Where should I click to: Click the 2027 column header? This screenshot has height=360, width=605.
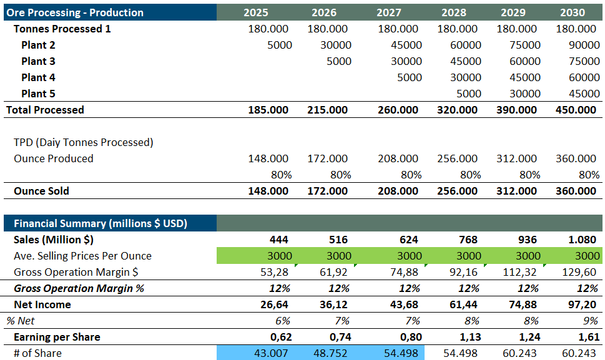click(390, 12)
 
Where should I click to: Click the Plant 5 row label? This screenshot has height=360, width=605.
click(38, 94)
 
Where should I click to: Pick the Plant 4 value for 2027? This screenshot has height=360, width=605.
click(410, 77)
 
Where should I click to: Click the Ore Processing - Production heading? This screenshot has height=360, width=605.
click(75, 12)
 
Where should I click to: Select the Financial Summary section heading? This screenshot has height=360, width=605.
click(101, 223)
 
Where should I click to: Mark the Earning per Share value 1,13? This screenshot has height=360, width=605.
click(465, 337)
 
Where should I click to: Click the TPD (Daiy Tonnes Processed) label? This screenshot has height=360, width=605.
click(84, 142)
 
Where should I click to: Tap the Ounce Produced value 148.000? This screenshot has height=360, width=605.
click(268, 158)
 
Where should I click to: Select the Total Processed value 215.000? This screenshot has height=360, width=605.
click(327, 110)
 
